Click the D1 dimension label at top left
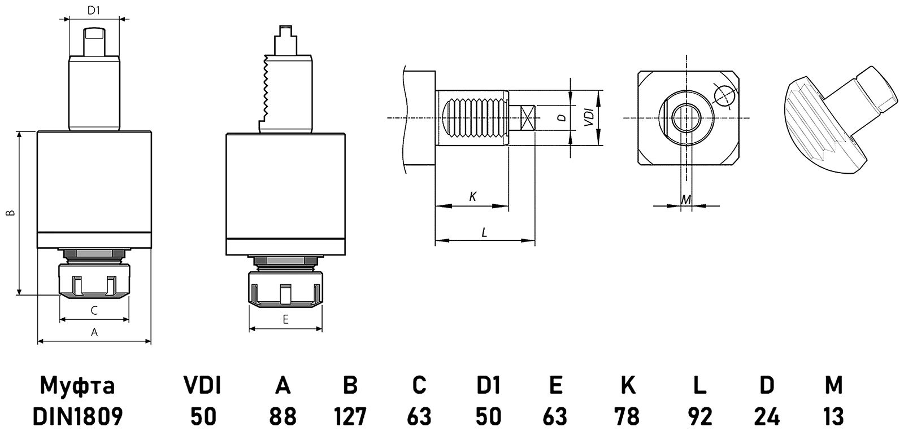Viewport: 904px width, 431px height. [x=94, y=10]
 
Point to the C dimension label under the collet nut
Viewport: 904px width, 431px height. [x=94, y=310]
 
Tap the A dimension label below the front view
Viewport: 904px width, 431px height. [x=94, y=332]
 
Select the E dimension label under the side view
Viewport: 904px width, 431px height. [x=285, y=320]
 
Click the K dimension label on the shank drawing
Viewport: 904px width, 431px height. [x=473, y=196]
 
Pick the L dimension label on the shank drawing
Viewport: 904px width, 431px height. [x=484, y=232]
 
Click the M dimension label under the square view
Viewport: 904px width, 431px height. [x=686, y=199]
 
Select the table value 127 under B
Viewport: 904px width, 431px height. [x=350, y=417]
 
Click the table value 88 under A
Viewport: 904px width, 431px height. [x=282, y=417]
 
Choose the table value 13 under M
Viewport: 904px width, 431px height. [x=833, y=417]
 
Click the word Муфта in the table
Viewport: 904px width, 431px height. [x=77, y=386]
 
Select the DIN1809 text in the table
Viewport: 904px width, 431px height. [x=77, y=417]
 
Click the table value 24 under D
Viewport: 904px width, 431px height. [x=767, y=417]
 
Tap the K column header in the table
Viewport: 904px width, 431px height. [x=628, y=385]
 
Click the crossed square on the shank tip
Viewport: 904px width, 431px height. [x=528, y=118]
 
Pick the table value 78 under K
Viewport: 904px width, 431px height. [x=628, y=417]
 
